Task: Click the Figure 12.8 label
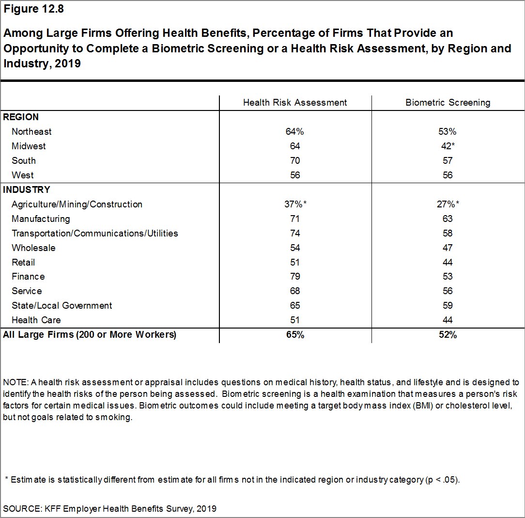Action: (x=33, y=9)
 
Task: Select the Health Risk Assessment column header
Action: (x=295, y=103)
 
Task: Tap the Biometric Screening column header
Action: (x=448, y=103)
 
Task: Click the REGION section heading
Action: (x=21, y=117)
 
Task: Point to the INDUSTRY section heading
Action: (x=27, y=189)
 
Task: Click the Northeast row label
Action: (x=31, y=132)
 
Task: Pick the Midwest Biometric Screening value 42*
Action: (x=448, y=146)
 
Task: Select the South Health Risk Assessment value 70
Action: (x=295, y=161)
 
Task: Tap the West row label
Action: (x=22, y=175)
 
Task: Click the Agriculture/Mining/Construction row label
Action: (x=77, y=204)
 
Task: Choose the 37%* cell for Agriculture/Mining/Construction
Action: (x=295, y=204)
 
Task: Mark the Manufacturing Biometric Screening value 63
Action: (x=448, y=219)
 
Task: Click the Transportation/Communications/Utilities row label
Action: (x=95, y=234)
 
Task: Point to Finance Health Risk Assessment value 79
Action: (x=295, y=277)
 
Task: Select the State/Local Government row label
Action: (x=62, y=306)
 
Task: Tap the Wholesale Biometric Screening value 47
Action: (x=448, y=248)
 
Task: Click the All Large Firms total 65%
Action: (x=295, y=335)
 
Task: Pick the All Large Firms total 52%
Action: (x=448, y=335)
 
